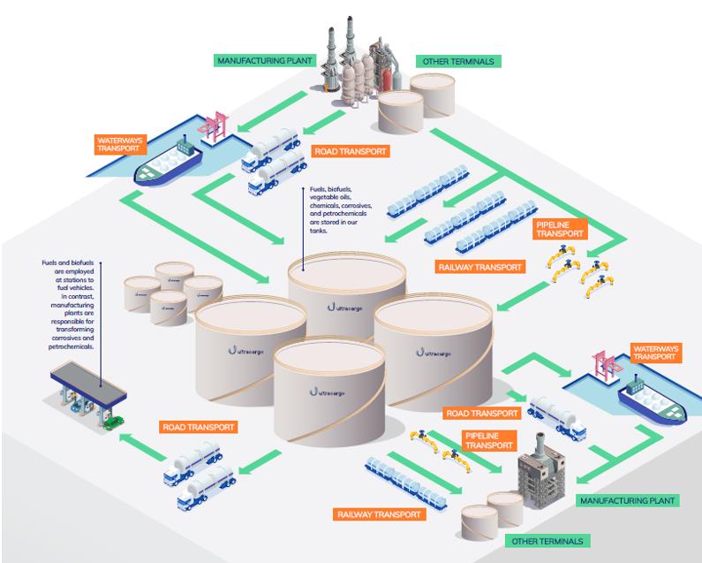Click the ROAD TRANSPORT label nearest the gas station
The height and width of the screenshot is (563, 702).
coord(200,427)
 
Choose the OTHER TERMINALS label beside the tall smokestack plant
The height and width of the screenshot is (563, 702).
coord(459,62)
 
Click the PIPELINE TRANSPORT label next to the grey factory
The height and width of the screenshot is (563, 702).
coord(488,440)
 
